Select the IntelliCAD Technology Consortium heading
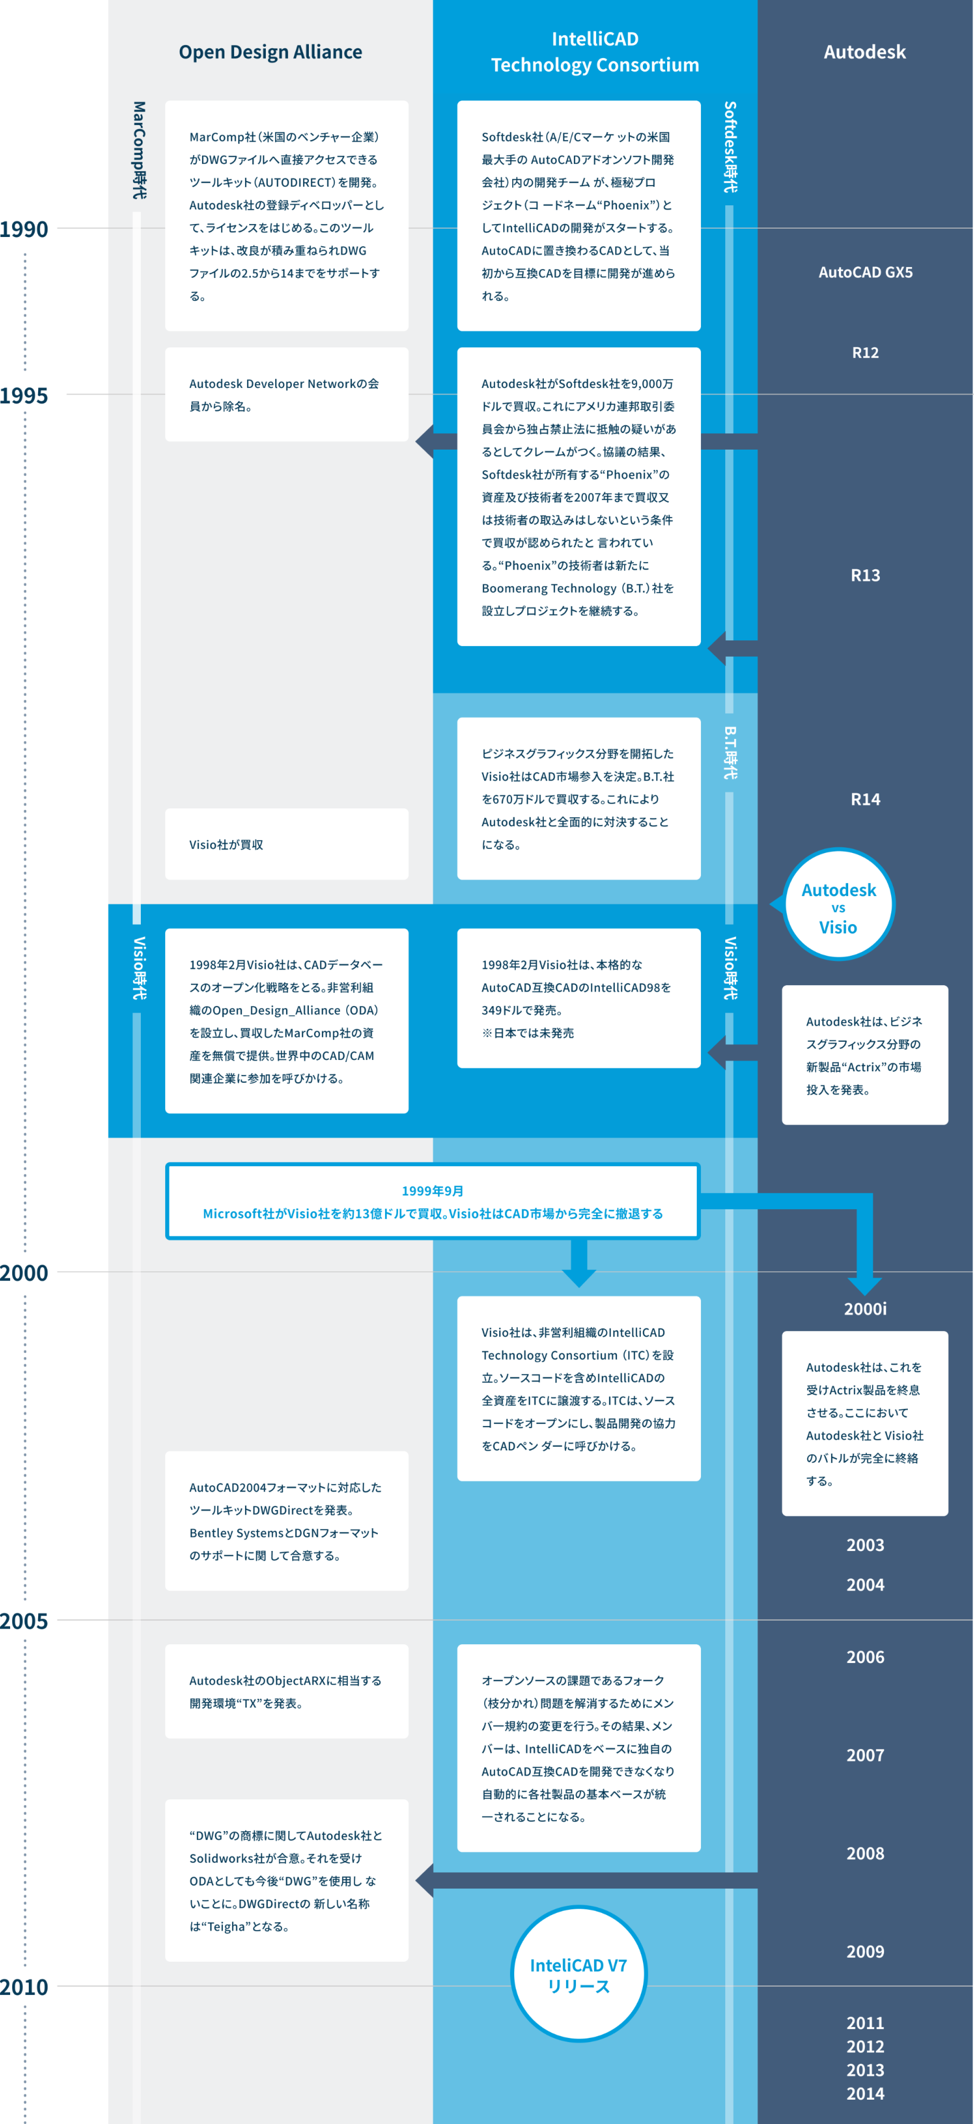(595, 52)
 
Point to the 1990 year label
(24, 229)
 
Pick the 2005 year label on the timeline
(24, 1621)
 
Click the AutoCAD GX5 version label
(865, 272)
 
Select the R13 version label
(865, 575)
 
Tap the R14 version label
(865, 799)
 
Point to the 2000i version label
(865, 1309)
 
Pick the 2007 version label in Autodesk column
(865, 1756)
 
